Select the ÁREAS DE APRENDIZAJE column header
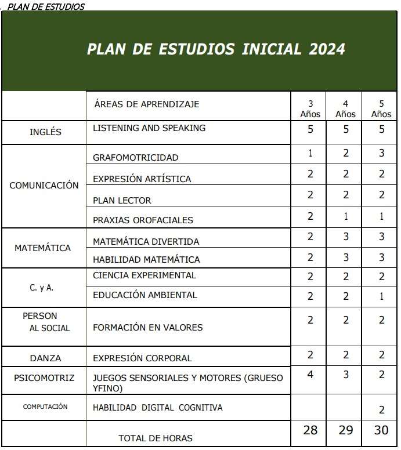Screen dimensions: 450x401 click(146, 104)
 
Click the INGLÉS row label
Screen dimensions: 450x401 click(45, 132)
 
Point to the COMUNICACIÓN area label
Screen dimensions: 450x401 click(44, 186)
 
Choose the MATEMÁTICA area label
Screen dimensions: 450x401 click(43, 248)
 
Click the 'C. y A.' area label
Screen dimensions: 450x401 click(42, 287)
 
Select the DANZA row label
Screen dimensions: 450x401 click(45, 358)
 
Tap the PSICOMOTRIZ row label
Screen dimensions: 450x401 click(44, 378)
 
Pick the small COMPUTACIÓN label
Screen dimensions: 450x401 click(45, 407)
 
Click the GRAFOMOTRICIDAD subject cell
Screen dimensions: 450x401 click(136, 158)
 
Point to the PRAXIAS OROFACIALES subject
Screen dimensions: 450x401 click(143, 220)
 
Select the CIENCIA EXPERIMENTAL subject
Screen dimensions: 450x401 click(144, 275)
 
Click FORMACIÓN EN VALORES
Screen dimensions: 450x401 click(148, 328)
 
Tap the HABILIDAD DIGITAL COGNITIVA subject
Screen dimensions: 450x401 click(158, 408)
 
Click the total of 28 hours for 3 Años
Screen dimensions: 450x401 click(310, 431)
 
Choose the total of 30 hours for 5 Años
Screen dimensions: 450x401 click(381, 431)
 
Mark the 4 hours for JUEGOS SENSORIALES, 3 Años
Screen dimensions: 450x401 click(310, 375)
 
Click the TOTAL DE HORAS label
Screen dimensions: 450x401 click(156, 438)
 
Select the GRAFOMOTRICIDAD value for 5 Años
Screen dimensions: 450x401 click(381, 154)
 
